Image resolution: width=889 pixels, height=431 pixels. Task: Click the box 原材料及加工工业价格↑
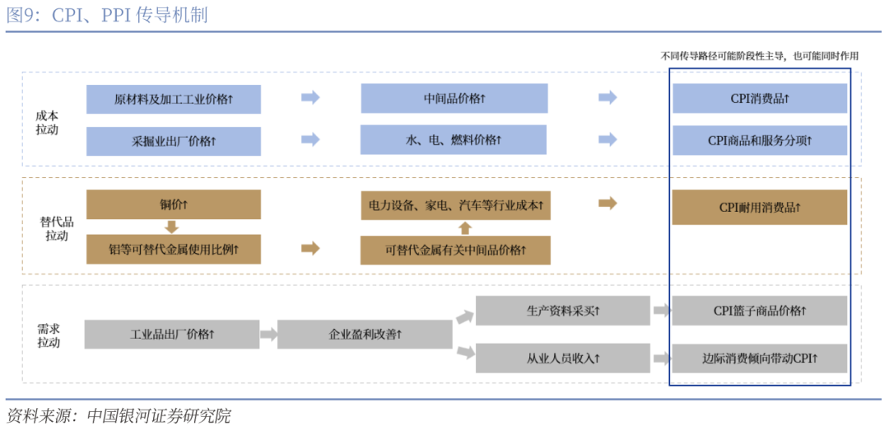click(174, 99)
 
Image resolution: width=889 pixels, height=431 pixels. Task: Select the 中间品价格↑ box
click(454, 99)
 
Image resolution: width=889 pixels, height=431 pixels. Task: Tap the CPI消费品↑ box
click(759, 99)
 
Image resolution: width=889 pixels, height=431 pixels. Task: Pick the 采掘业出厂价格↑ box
click(174, 141)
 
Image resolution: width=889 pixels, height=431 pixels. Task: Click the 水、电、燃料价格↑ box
click(454, 140)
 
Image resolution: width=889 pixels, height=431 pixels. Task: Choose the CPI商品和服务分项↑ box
click(759, 141)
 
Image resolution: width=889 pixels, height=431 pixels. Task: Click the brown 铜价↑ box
click(174, 204)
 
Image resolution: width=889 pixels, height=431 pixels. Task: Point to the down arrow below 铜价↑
click(172, 227)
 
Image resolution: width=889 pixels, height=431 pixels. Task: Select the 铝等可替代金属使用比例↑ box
click(174, 249)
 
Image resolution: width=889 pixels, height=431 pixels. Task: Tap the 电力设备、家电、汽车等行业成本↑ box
click(455, 204)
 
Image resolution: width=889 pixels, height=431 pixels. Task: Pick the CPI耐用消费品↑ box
click(759, 207)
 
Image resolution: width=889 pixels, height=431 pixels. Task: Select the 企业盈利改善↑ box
click(365, 335)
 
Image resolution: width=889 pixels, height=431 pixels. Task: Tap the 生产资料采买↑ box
click(563, 311)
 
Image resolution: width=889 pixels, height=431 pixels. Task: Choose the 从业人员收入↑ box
click(563, 358)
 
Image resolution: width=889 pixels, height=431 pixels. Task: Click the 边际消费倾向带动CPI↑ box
click(759, 358)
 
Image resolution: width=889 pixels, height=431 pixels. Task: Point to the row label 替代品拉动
click(57, 228)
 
